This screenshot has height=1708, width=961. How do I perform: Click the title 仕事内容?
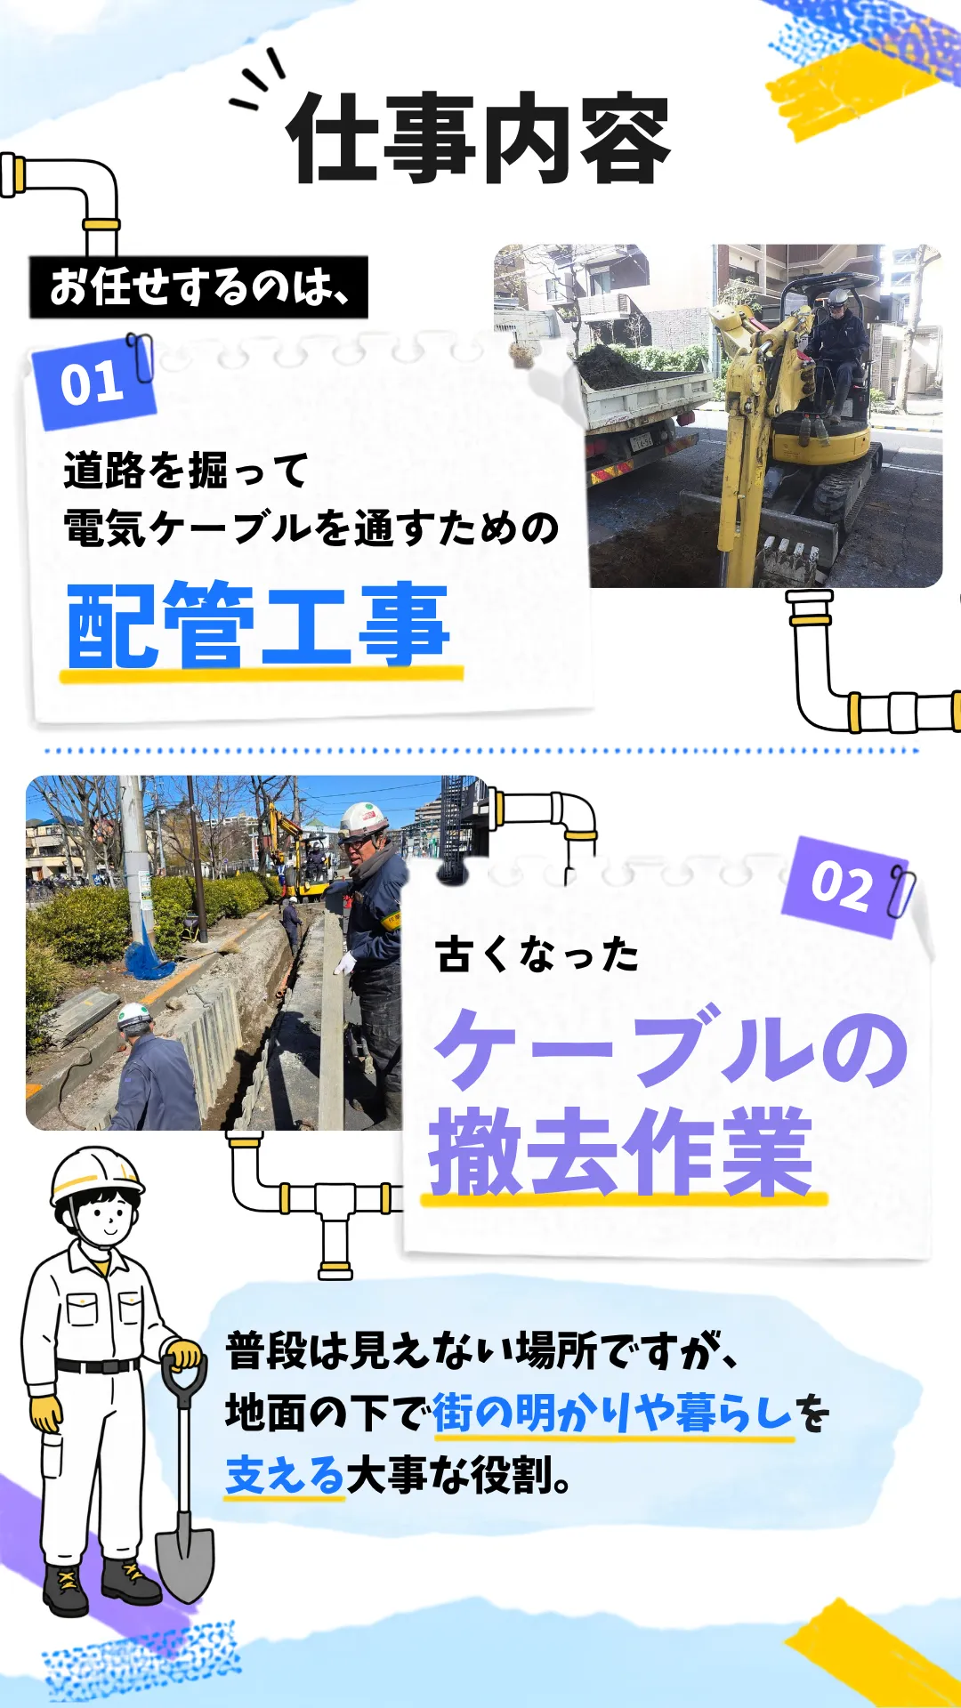pyautogui.click(x=478, y=138)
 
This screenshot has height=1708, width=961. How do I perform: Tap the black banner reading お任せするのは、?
pyautogui.click(x=198, y=287)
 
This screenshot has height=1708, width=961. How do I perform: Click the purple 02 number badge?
pyautogui.click(x=842, y=886)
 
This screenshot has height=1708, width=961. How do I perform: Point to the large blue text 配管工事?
pyautogui.click(x=259, y=624)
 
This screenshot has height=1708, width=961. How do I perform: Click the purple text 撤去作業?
pyautogui.click(x=620, y=1152)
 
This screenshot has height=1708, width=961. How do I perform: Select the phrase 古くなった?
pyautogui.click(x=537, y=955)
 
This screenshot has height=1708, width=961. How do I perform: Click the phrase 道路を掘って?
pyautogui.click(x=186, y=470)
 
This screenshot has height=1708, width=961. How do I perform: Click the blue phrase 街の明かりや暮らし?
pyautogui.click(x=612, y=1413)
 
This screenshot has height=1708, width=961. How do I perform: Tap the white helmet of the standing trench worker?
pyautogui.click(x=363, y=819)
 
